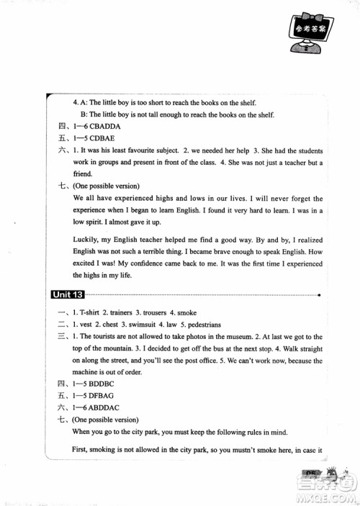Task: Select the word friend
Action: coord(83,174)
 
